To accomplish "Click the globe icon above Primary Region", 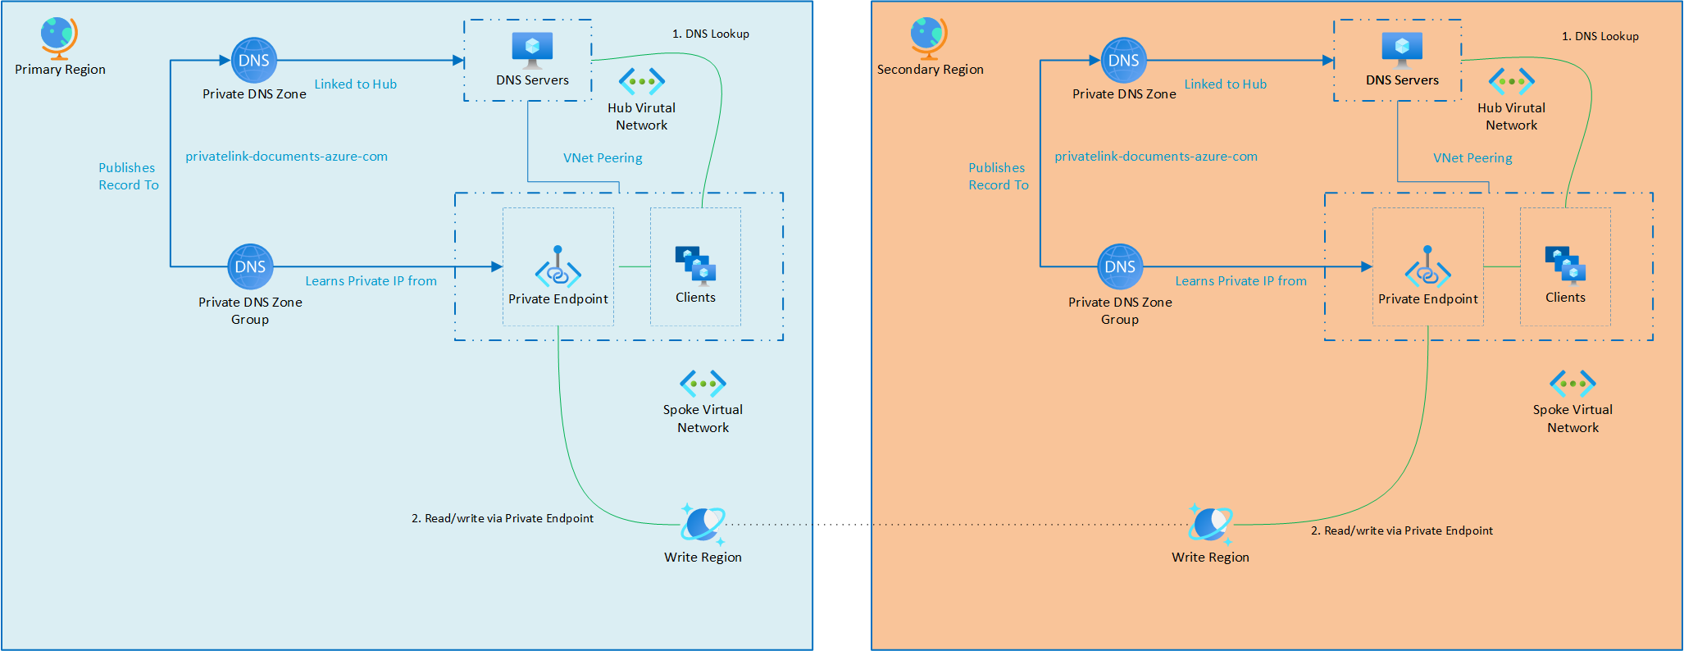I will (59, 37).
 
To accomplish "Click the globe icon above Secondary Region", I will (929, 37).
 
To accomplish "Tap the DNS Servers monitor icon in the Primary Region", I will (532, 49).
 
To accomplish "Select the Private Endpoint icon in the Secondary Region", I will (1427, 268).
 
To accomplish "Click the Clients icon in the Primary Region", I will (695, 265).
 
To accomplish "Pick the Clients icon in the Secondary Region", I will (1565, 265).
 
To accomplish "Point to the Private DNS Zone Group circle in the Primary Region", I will (250, 266).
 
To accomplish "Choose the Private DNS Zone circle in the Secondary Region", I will (1123, 60).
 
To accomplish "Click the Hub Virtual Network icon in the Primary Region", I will (641, 81).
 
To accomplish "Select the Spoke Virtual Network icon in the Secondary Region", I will (1572, 383).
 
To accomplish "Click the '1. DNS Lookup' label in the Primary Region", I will (710, 34).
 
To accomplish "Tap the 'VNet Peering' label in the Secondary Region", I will (1472, 157).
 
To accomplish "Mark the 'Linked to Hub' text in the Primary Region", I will (355, 84).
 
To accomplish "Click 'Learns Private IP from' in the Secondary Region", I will (1240, 280).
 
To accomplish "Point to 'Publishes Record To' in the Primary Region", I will (128, 176).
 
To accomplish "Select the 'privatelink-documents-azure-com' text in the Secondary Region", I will (1155, 156).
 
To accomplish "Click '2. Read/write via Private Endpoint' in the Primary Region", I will (502, 518).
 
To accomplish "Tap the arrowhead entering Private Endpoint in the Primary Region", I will (497, 266).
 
